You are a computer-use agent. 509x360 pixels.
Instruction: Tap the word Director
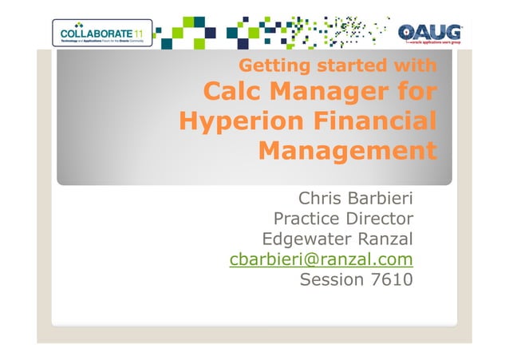tap(379, 218)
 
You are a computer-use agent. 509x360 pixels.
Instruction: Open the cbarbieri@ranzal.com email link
tap(321, 259)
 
